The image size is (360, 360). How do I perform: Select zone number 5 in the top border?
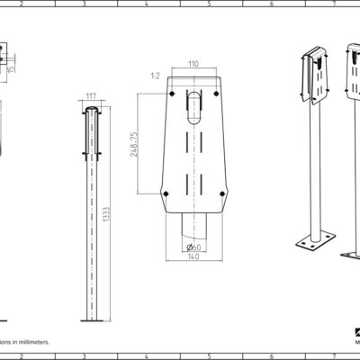point(209,4)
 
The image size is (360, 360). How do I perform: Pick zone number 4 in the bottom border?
point(147,356)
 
